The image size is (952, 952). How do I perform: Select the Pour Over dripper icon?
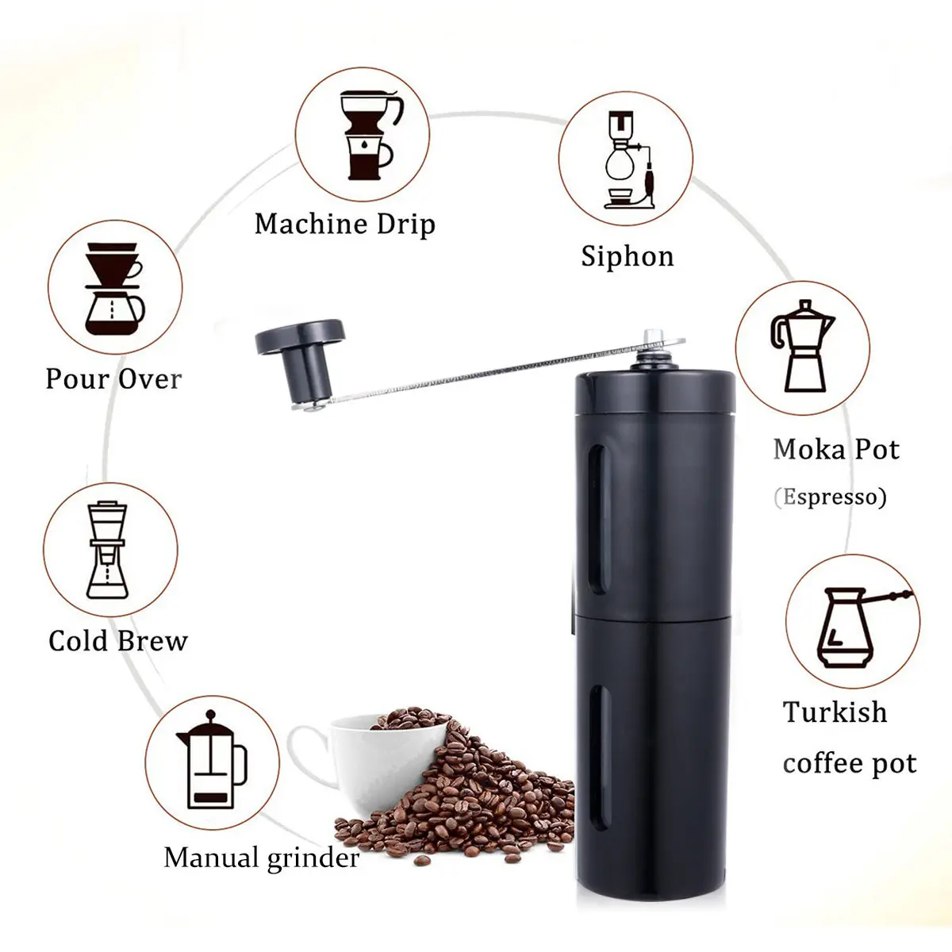(114, 288)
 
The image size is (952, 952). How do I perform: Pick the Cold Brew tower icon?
(107, 550)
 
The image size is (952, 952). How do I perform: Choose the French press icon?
(212, 760)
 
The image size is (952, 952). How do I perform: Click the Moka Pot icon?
(802, 346)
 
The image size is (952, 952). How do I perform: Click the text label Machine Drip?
(345, 224)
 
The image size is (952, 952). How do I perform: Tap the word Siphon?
(628, 256)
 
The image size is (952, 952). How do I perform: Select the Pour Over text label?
(113, 379)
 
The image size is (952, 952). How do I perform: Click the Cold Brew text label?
(118, 641)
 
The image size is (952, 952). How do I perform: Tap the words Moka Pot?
(836, 450)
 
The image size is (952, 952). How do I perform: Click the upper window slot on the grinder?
(599, 519)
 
